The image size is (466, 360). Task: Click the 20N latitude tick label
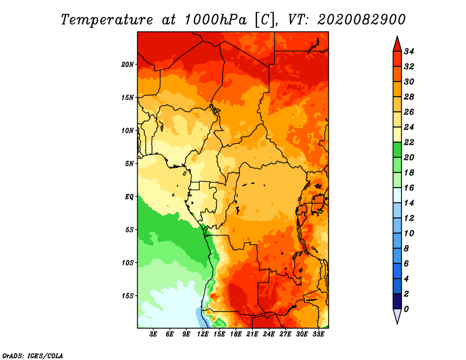tap(127, 65)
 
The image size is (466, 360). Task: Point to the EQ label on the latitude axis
tap(129, 197)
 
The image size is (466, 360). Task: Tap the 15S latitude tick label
tap(127, 296)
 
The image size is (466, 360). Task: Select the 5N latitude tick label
tap(129, 164)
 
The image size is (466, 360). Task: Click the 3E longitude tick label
tap(153, 334)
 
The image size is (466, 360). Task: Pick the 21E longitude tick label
tap(252, 334)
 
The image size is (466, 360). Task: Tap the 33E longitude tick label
tap(318, 334)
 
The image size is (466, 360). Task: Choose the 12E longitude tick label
tap(203, 334)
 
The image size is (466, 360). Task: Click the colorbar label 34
tap(409, 51)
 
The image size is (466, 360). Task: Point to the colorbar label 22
tap(409, 142)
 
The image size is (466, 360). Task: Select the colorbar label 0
tap(406, 309)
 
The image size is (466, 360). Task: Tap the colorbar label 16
tap(409, 188)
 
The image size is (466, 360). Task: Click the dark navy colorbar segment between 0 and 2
tap(397, 301)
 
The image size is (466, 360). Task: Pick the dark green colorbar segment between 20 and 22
tap(397, 150)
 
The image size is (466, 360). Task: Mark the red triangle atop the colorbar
tap(397, 45)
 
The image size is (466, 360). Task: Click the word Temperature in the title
tap(107, 20)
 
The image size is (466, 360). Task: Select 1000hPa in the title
tap(216, 20)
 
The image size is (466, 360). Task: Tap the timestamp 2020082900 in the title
tap(361, 20)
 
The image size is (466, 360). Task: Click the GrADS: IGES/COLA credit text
tap(33, 355)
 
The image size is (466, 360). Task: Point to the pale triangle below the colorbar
tap(397, 315)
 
